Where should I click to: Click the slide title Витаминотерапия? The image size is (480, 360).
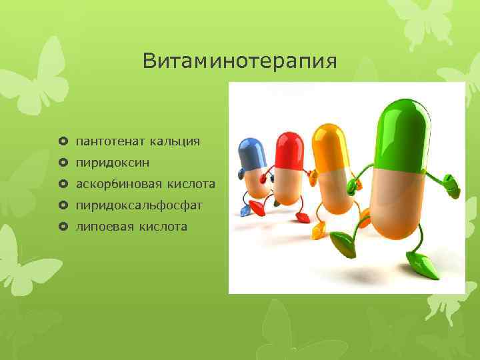click(240, 62)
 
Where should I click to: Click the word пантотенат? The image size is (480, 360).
click(110, 141)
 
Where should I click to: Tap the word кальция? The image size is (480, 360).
click(175, 141)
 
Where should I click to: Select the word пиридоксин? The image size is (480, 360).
click(113, 163)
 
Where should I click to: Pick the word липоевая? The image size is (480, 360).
click(105, 227)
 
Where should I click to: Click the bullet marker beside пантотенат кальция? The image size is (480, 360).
click(63, 141)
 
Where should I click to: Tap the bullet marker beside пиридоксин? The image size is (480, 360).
click(63, 163)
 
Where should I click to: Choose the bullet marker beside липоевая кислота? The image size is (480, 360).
click(63, 227)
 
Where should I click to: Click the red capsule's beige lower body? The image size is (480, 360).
click(289, 187)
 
